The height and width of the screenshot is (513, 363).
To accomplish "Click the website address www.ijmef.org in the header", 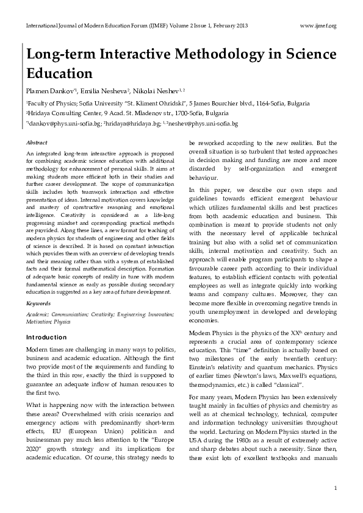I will point(319,26).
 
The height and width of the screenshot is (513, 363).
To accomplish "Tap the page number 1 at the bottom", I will point(336,488).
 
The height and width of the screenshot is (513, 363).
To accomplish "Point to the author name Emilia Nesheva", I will point(107,91).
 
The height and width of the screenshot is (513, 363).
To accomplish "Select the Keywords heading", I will point(38,303).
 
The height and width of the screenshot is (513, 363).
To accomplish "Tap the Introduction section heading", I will point(46,337).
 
